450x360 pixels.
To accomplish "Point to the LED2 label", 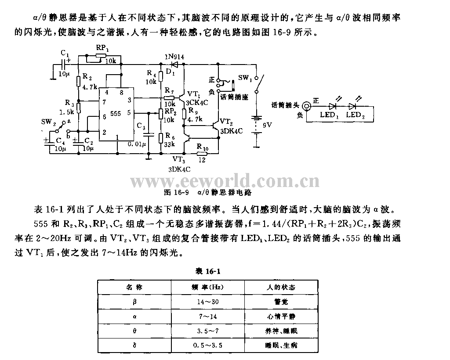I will (356, 115).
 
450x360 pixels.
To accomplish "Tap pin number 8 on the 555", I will (121, 93).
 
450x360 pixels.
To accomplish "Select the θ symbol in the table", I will (135, 331).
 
